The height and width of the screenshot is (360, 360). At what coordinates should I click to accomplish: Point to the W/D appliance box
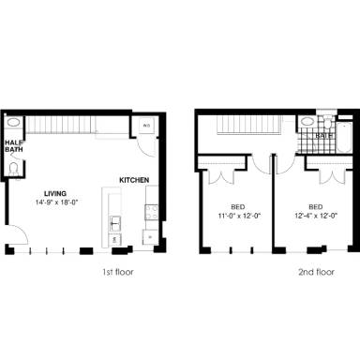[x=146, y=126]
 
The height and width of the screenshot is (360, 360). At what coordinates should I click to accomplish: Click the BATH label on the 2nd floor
[x=323, y=137]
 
